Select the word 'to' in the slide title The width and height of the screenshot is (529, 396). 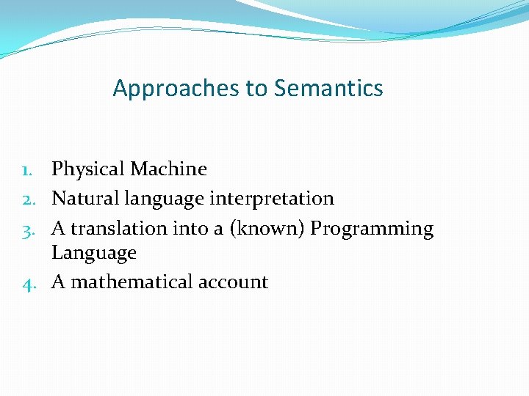pos(256,89)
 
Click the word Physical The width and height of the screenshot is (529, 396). pos(88,169)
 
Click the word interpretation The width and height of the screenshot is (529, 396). pos(272,199)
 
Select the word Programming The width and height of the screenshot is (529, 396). pos(372,229)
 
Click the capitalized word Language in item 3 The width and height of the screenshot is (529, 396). pos(94,254)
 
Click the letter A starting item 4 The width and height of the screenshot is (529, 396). pos(58,282)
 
